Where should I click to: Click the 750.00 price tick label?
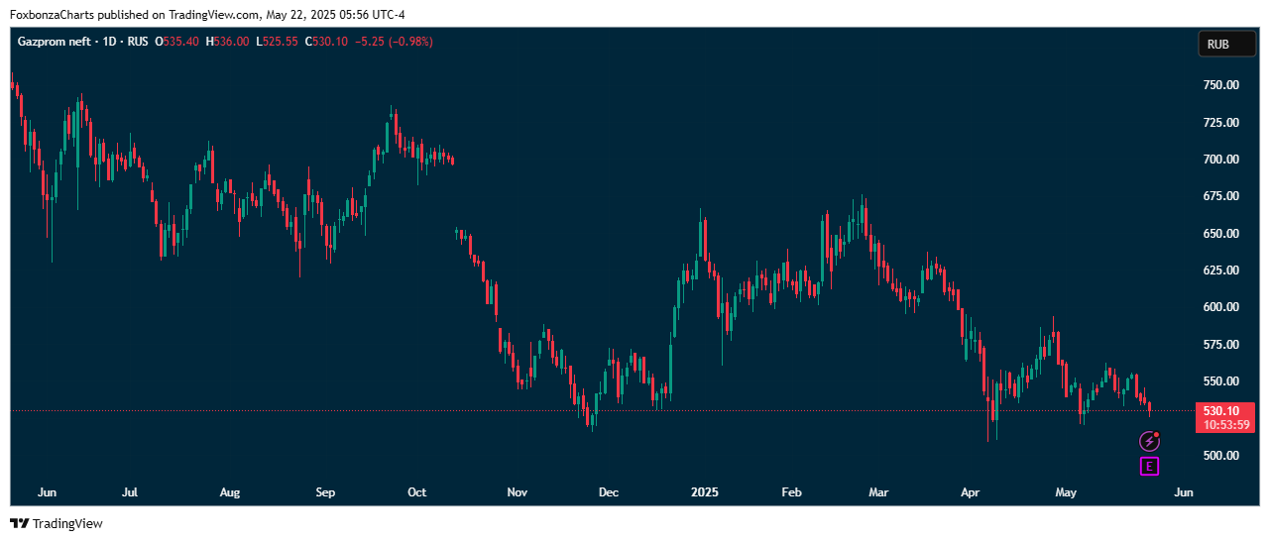click(x=1220, y=85)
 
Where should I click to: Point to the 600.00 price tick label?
click(x=1220, y=307)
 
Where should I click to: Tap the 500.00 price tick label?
click(x=1220, y=456)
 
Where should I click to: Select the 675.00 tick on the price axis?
click(x=1220, y=196)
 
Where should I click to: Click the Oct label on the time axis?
click(x=417, y=492)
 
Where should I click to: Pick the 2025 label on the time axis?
click(x=705, y=492)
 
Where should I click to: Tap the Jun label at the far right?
click(x=1183, y=492)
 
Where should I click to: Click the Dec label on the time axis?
click(x=609, y=492)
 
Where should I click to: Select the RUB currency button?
click(x=1227, y=44)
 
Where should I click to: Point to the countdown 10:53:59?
click(x=1226, y=425)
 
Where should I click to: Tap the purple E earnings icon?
click(x=1149, y=467)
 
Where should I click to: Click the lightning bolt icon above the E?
click(x=1149, y=442)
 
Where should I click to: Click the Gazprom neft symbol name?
click(x=54, y=42)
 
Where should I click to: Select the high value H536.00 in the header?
click(x=227, y=42)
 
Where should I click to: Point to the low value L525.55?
click(x=278, y=42)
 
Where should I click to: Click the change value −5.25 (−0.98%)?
click(x=393, y=42)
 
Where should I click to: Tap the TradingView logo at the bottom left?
click(x=57, y=523)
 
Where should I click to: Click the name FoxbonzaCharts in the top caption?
click(x=53, y=15)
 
